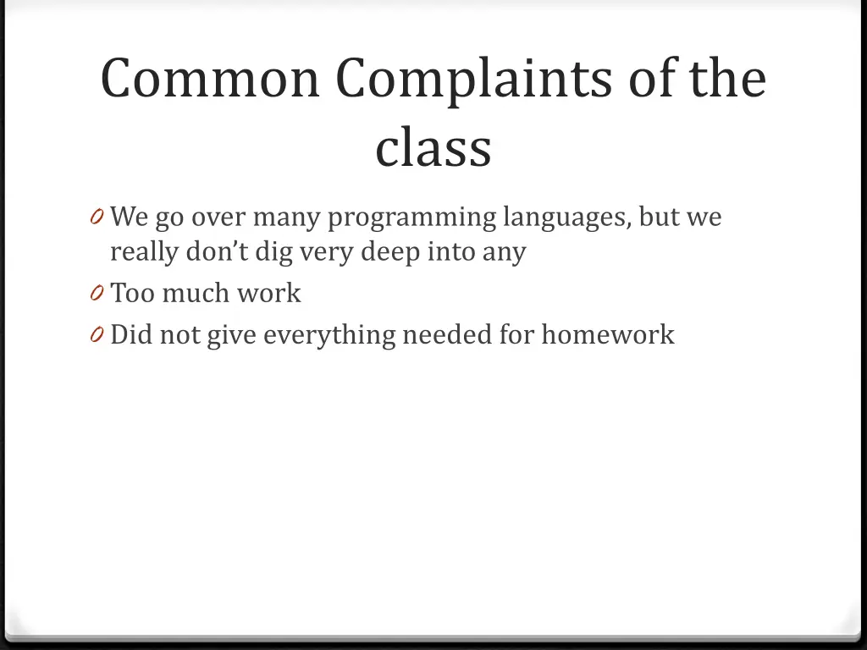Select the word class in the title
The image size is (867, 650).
433,147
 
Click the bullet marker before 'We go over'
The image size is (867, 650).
96,218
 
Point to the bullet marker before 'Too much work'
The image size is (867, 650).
96,294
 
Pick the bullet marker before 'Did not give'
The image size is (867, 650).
96,336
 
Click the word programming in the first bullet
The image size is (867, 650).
411,218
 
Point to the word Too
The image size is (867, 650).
131,293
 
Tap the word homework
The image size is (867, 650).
608,334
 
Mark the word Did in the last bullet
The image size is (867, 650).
130,334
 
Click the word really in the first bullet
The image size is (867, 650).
144,252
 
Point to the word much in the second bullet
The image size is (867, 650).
195,293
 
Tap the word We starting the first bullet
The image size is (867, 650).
130,218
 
